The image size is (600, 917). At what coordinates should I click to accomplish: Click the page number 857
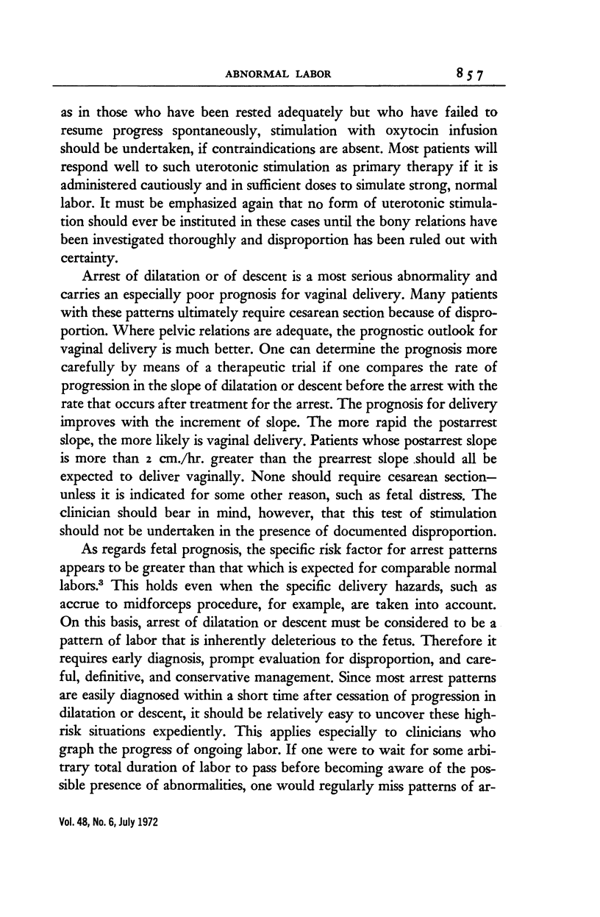point(473,74)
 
